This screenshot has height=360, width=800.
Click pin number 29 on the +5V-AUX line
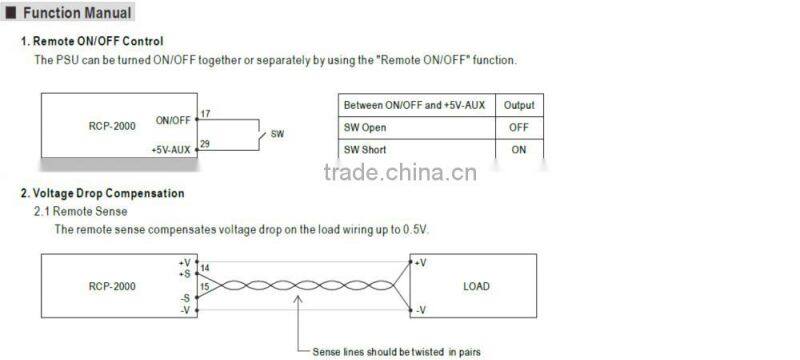point(205,144)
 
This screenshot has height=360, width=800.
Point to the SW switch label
point(277,133)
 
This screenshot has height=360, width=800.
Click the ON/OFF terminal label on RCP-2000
point(172,120)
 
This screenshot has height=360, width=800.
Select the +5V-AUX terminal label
point(170,149)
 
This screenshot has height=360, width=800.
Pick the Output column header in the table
point(518,105)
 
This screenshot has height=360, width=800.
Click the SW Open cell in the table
point(365,128)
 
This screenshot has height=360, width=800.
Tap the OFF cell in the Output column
point(518,128)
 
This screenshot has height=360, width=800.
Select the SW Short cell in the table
point(366,150)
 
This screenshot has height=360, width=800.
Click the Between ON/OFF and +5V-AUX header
point(415,105)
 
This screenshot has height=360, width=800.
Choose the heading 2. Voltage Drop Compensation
point(103,193)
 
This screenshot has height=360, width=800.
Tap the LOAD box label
point(476,286)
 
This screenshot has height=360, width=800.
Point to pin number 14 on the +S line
point(205,269)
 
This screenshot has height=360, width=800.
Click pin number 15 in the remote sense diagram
point(205,287)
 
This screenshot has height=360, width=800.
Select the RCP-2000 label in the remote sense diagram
point(112,286)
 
